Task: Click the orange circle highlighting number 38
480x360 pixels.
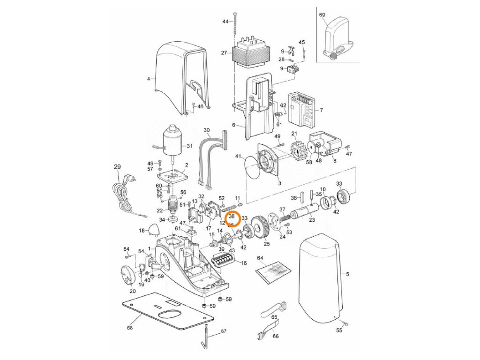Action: point(232,218)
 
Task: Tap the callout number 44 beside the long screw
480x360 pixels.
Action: point(225,22)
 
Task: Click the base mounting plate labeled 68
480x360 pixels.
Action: point(164,311)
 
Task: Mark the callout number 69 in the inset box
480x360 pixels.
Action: point(322,15)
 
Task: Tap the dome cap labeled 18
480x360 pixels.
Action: point(154,230)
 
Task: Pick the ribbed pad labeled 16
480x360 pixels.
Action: point(224,260)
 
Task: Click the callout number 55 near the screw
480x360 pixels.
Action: point(339,330)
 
